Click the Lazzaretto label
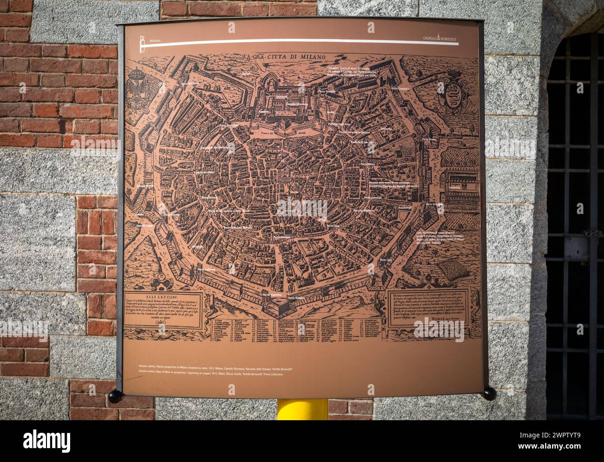(453, 188)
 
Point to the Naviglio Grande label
(145, 186)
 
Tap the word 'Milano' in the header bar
(155, 40)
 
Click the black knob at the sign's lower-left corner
(114, 395)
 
